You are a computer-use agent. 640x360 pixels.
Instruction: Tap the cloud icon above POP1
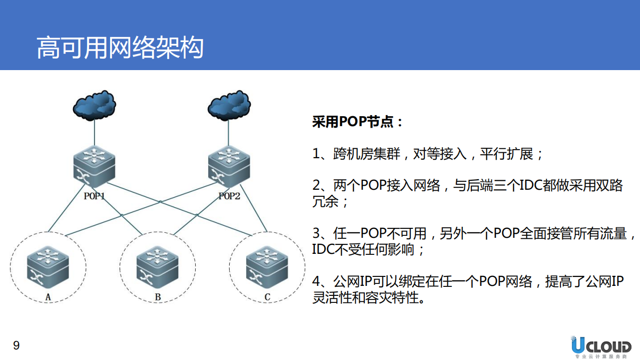coord(95,105)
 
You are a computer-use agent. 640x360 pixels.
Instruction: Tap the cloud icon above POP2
coord(229,105)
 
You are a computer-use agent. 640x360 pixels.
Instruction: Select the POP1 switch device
coord(95,165)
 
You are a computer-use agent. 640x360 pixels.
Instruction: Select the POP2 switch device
coord(229,165)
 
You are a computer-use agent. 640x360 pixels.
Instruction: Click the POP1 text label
coord(95,196)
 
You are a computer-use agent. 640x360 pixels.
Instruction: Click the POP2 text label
coord(229,196)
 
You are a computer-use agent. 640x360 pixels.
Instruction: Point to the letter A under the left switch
coord(49,297)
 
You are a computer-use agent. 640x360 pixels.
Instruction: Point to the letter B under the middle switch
coord(158,297)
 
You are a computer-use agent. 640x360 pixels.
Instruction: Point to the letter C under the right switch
coord(267,297)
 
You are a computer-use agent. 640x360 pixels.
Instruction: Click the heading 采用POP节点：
coord(357,122)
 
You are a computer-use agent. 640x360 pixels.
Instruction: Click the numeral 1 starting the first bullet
coord(316,154)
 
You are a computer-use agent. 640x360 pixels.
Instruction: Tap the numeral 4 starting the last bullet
coord(316,282)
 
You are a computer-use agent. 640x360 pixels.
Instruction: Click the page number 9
coord(16,345)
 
